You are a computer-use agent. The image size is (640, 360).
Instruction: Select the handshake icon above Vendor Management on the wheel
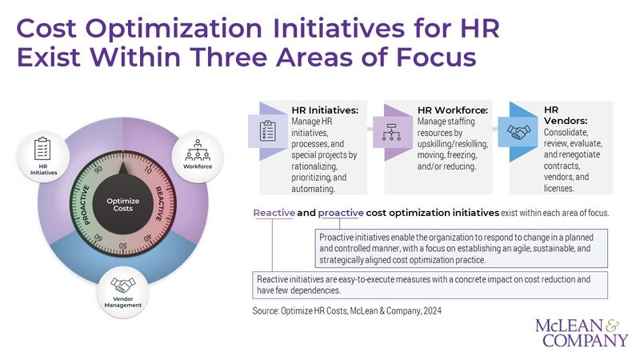point(122,286)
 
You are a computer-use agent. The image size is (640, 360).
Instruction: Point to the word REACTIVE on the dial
point(161,204)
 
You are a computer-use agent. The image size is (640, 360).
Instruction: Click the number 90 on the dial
point(99,171)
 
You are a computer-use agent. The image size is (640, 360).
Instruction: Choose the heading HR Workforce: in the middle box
point(452,110)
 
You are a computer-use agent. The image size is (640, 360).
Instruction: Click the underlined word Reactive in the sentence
point(275,214)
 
